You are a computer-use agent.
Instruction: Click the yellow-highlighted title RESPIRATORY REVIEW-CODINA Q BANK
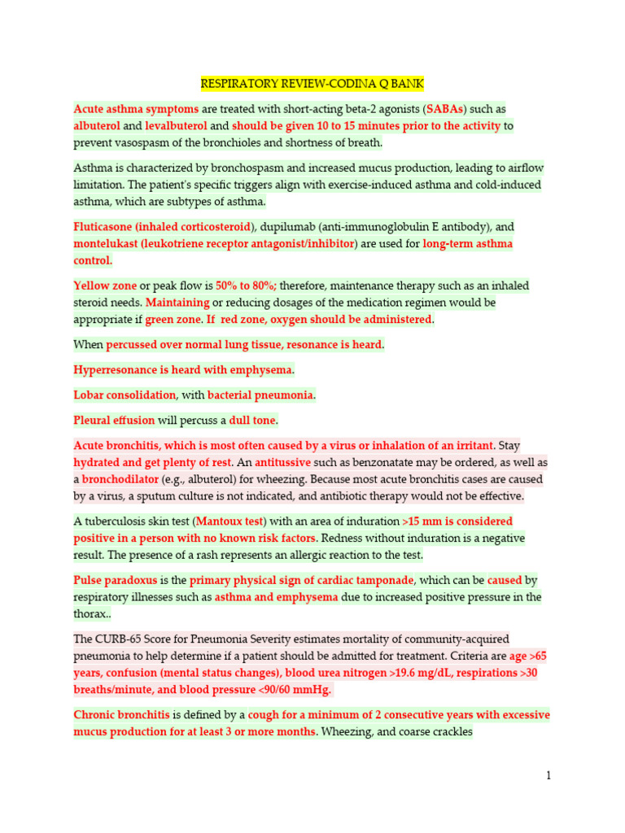[x=312, y=84]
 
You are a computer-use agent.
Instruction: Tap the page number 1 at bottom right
[x=549, y=775]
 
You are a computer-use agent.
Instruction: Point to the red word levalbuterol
[x=176, y=126]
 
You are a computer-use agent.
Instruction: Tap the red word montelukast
[x=105, y=244]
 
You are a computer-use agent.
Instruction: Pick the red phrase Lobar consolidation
[x=125, y=395]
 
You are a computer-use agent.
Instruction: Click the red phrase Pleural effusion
[x=114, y=421]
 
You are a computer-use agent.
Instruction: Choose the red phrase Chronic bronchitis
[x=122, y=715]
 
